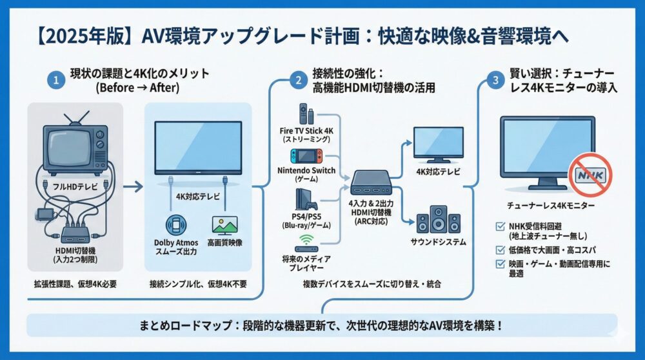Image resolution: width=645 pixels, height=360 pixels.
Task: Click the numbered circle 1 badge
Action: pyautogui.click(x=56, y=81)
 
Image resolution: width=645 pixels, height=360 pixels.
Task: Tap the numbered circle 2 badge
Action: pyautogui.click(x=298, y=81)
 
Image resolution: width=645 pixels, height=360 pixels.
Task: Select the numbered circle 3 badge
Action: pyautogui.click(x=495, y=81)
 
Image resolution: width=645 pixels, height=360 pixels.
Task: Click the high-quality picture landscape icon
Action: pyautogui.click(x=224, y=224)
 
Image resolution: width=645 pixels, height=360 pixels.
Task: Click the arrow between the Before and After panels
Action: pyautogui.click(x=133, y=187)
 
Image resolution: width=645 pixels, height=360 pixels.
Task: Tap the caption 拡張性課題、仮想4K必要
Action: pyautogui.click(x=75, y=285)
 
